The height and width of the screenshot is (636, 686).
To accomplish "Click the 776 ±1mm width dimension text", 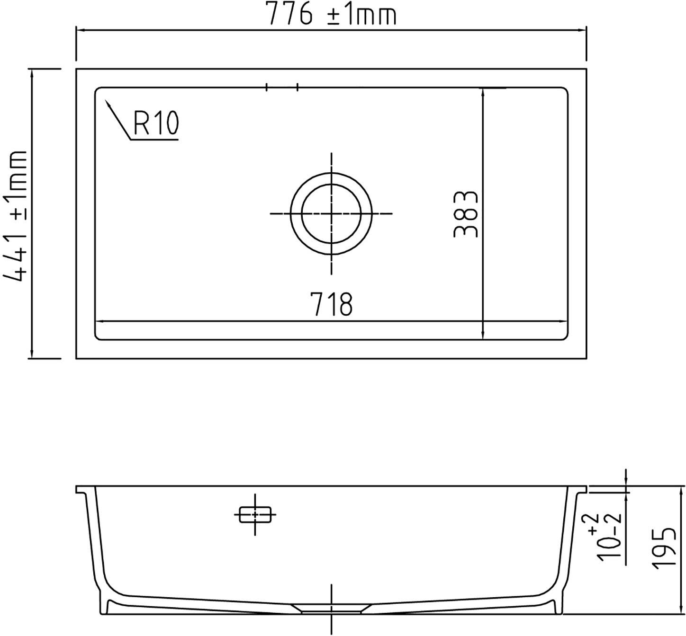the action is tap(332, 14).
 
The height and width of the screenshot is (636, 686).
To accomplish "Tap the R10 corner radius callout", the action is tap(156, 123).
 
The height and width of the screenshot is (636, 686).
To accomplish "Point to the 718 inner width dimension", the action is tap(332, 304).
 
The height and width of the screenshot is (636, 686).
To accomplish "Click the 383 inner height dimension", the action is tap(466, 214).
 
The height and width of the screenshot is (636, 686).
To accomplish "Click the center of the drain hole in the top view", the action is tap(331, 213).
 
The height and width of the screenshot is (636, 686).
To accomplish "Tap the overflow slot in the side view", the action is tap(255, 514).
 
